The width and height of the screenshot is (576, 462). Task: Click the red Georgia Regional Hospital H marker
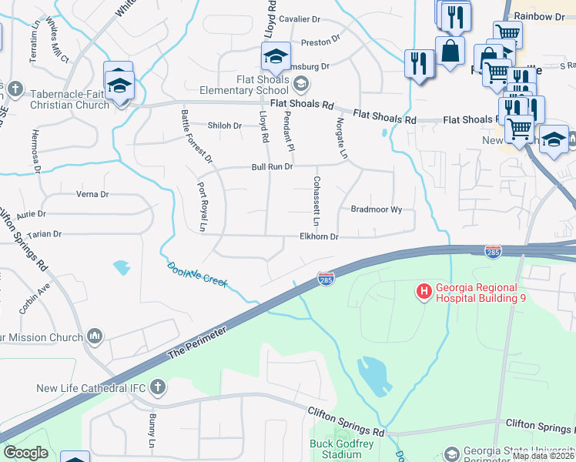click(x=423, y=291)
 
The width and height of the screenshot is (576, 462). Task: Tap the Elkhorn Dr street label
click(x=319, y=237)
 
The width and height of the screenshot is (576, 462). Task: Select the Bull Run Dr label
click(x=273, y=166)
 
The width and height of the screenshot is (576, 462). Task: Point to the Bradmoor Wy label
click(x=377, y=209)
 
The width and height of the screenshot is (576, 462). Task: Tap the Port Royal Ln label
click(x=202, y=206)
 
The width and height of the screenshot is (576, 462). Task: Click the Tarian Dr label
click(x=44, y=233)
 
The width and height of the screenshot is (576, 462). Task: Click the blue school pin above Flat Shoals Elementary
click(x=275, y=57)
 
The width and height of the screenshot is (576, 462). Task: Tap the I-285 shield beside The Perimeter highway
click(x=326, y=277)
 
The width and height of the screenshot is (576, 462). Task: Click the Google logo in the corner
click(x=25, y=453)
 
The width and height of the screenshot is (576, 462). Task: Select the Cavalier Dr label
click(x=300, y=18)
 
